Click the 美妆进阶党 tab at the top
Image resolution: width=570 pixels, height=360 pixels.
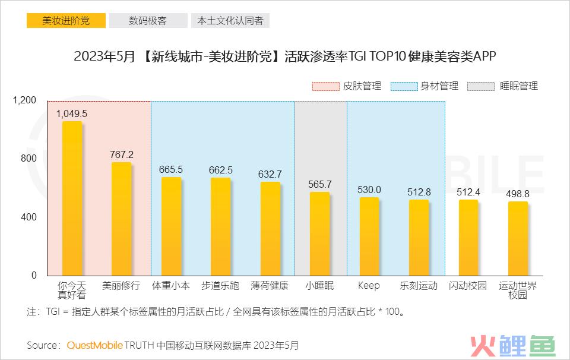point(66,21)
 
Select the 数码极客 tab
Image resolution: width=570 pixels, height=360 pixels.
point(148,21)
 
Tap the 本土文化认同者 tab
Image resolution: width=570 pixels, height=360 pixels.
point(230,21)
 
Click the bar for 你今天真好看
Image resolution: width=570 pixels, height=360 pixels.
point(72,198)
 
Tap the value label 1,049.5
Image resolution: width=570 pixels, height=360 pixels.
point(72,113)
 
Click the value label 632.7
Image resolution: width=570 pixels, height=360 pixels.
point(270,174)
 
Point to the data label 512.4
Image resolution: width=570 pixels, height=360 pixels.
point(468,192)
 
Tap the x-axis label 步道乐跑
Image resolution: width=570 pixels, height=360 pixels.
point(220,286)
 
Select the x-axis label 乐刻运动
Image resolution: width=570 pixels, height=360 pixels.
point(419,286)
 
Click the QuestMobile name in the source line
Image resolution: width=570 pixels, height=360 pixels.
point(95,345)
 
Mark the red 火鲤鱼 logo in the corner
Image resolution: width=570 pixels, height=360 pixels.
point(512,346)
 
